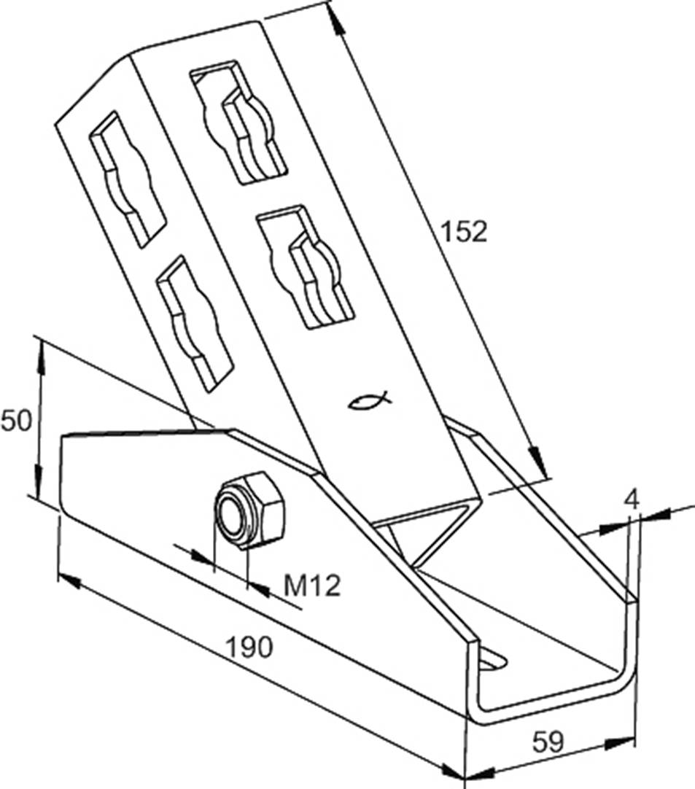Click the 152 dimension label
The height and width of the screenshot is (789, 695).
tap(463, 232)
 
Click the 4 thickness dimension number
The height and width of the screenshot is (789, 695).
tap(632, 500)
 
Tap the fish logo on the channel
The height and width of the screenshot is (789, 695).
tap(370, 399)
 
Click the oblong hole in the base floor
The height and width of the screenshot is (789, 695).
tap(494, 658)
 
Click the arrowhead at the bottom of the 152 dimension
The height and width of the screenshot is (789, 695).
tap(537, 464)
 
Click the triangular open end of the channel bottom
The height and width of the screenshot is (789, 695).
tap(430, 529)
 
